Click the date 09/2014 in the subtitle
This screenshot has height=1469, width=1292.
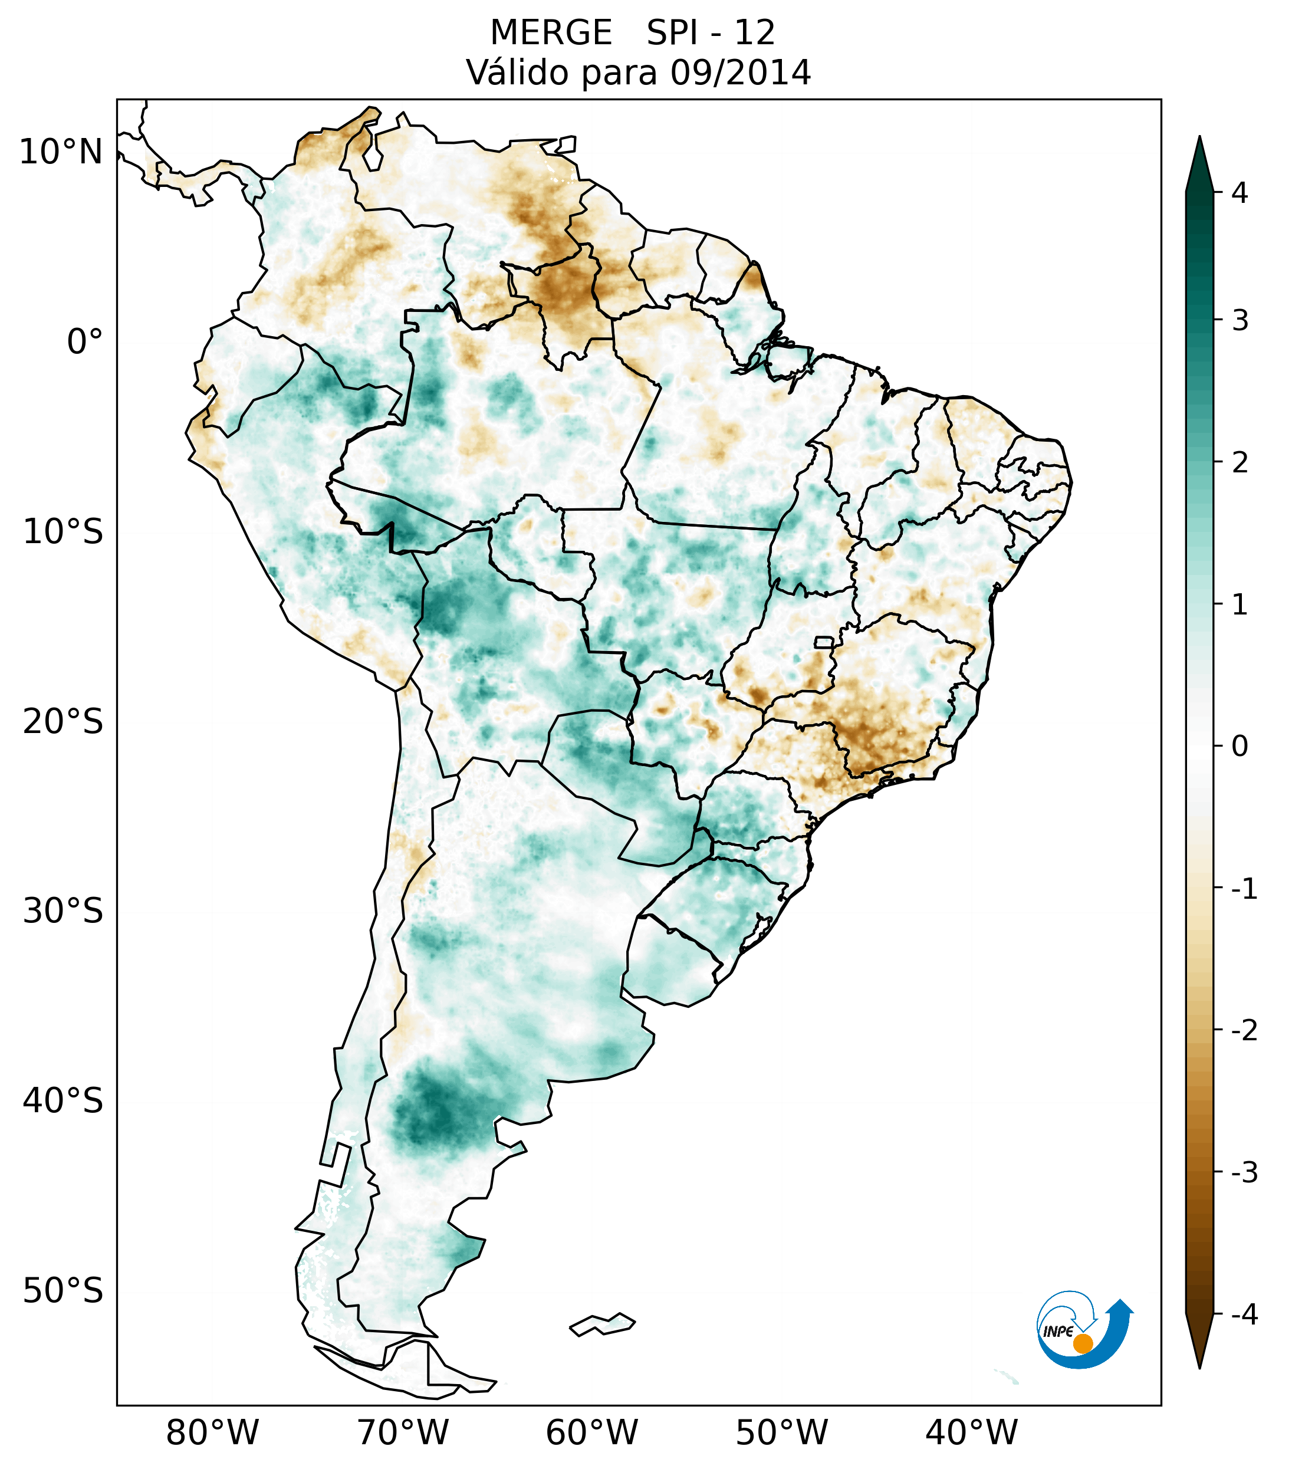point(740,73)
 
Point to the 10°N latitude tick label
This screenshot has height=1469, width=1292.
point(60,152)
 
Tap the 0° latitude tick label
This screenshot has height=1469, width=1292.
point(84,341)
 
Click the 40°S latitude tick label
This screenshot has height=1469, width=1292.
point(63,1100)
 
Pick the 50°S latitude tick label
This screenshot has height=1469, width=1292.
point(63,1291)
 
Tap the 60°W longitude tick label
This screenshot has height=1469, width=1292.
point(591,1432)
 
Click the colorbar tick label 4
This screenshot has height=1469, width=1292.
point(1240,193)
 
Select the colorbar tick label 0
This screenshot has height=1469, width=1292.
point(1240,747)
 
